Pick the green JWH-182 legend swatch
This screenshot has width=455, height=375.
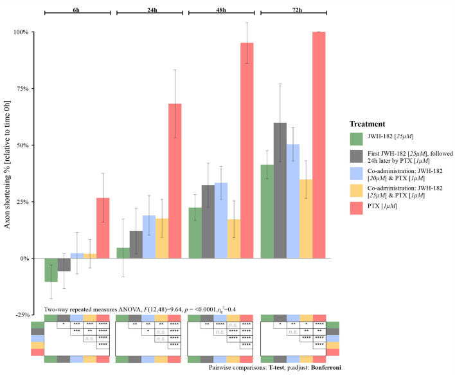pyautogui.click(x=357, y=139)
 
